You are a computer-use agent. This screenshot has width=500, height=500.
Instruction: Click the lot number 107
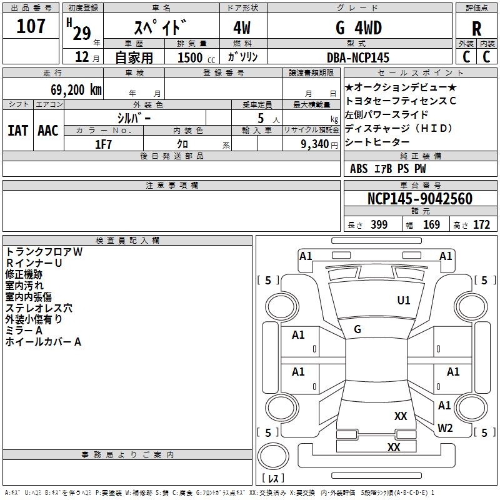(x=31, y=27)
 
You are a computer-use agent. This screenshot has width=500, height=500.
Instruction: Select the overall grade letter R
(x=476, y=29)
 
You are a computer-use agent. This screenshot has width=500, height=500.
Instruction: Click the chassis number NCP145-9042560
(x=419, y=199)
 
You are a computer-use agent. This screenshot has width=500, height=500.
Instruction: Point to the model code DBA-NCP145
(x=358, y=57)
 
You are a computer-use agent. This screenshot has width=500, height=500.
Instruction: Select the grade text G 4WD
(x=358, y=28)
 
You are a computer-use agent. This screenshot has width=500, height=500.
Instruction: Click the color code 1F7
(x=103, y=144)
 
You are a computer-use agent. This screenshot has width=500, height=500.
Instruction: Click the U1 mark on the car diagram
(x=404, y=301)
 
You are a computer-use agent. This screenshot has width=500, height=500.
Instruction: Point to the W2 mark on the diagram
(x=445, y=428)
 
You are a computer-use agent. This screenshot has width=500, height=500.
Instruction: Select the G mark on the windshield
(x=357, y=329)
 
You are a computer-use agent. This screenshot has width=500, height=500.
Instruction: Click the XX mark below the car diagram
(x=394, y=447)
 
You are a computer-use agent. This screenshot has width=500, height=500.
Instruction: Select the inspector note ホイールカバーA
(x=43, y=342)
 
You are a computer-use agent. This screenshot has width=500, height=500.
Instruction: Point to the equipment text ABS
(x=359, y=169)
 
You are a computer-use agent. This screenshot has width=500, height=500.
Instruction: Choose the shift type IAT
(x=17, y=131)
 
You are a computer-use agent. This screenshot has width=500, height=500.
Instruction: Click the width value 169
(x=431, y=225)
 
